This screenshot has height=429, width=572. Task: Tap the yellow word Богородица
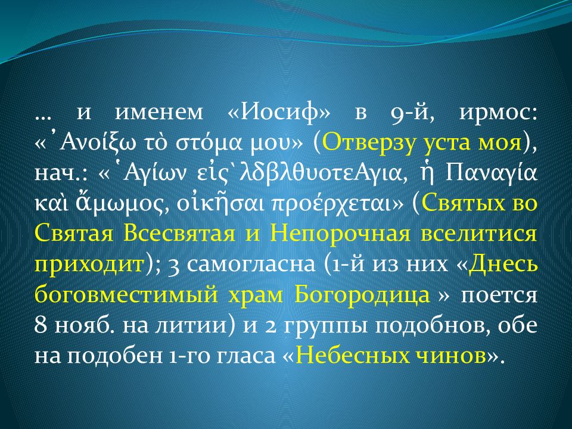coord(362,295)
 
